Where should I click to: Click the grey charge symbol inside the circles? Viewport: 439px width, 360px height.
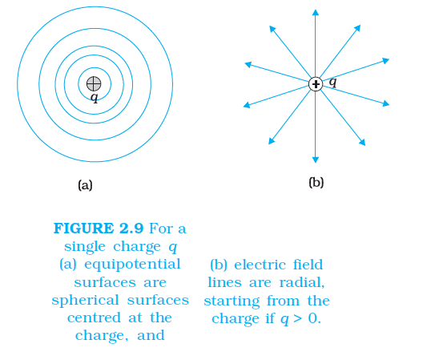pyautogui.click(x=94, y=83)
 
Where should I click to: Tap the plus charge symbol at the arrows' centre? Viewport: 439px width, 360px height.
pyautogui.click(x=316, y=84)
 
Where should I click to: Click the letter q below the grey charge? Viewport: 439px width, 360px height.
pyautogui.click(x=95, y=98)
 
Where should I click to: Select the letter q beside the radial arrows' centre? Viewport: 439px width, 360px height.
pyautogui.click(x=332, y=82)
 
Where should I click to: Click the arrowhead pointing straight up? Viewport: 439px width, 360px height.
pyautogui.click(x=316, y=12)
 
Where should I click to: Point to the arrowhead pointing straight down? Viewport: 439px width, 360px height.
pyautogui.click(x=316, y=160)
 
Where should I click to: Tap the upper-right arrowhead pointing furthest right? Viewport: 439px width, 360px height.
pyautogui.click(x=386, y=60)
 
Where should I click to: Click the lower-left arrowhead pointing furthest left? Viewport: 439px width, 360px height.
pyautogui.click(x=247, y=105)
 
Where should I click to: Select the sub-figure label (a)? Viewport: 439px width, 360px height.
pyautogui.click(x=85, y=185)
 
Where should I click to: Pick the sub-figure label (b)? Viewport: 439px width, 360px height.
pyautogui.click(x=316, y=182)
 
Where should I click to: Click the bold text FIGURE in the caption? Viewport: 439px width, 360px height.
pyautogui.click(x=83, y=229)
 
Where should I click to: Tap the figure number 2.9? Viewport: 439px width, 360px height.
pyautogui.click(x=131, y=229)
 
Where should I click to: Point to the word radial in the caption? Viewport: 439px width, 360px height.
pyautogui.click(x=302, y=282)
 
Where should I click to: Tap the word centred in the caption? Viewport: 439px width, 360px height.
pyautogui.click(x=95, y=318)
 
